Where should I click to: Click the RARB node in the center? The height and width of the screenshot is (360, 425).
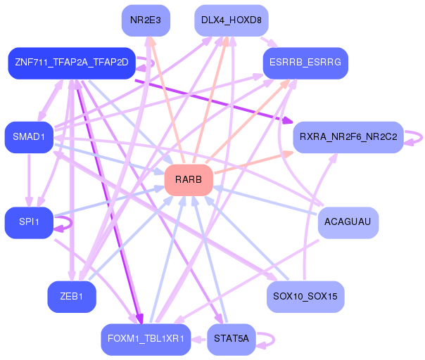click(189, 180)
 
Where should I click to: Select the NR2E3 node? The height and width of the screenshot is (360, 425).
click(146, 20)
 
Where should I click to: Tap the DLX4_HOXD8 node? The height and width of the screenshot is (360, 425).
click(231, 20)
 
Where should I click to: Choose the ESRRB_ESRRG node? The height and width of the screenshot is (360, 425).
click(305, 63)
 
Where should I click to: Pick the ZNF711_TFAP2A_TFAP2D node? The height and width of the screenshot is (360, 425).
click(71, 63)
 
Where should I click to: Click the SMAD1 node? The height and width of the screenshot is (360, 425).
click(29, 136)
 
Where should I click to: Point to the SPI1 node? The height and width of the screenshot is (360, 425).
click(29, 222)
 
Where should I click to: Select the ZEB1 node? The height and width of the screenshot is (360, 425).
click(72, 296)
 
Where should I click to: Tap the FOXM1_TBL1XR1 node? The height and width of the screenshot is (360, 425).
click(146, 339)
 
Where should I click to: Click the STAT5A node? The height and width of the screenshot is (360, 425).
click(231, 339)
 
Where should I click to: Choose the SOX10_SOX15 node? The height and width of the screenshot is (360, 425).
click(305, 296)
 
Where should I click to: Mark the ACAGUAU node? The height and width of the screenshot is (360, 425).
click(348, 222)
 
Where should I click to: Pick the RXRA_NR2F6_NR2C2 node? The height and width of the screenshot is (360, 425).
click(348, 136)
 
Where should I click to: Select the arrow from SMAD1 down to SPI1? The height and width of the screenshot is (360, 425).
click(29, 179)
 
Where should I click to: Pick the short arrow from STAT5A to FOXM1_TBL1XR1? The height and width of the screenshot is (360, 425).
click(199, 339)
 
